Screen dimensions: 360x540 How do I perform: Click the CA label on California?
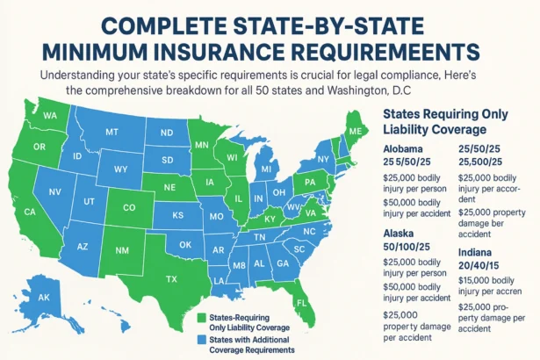point(29,212)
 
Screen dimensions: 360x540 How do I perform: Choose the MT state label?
point(111,131)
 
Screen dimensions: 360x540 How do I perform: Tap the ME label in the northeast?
point(355,131)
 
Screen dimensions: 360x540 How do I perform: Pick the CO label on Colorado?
point(130,208)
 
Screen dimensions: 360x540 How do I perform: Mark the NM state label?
point(122,250)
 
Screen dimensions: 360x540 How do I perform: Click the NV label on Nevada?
point(54,191)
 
